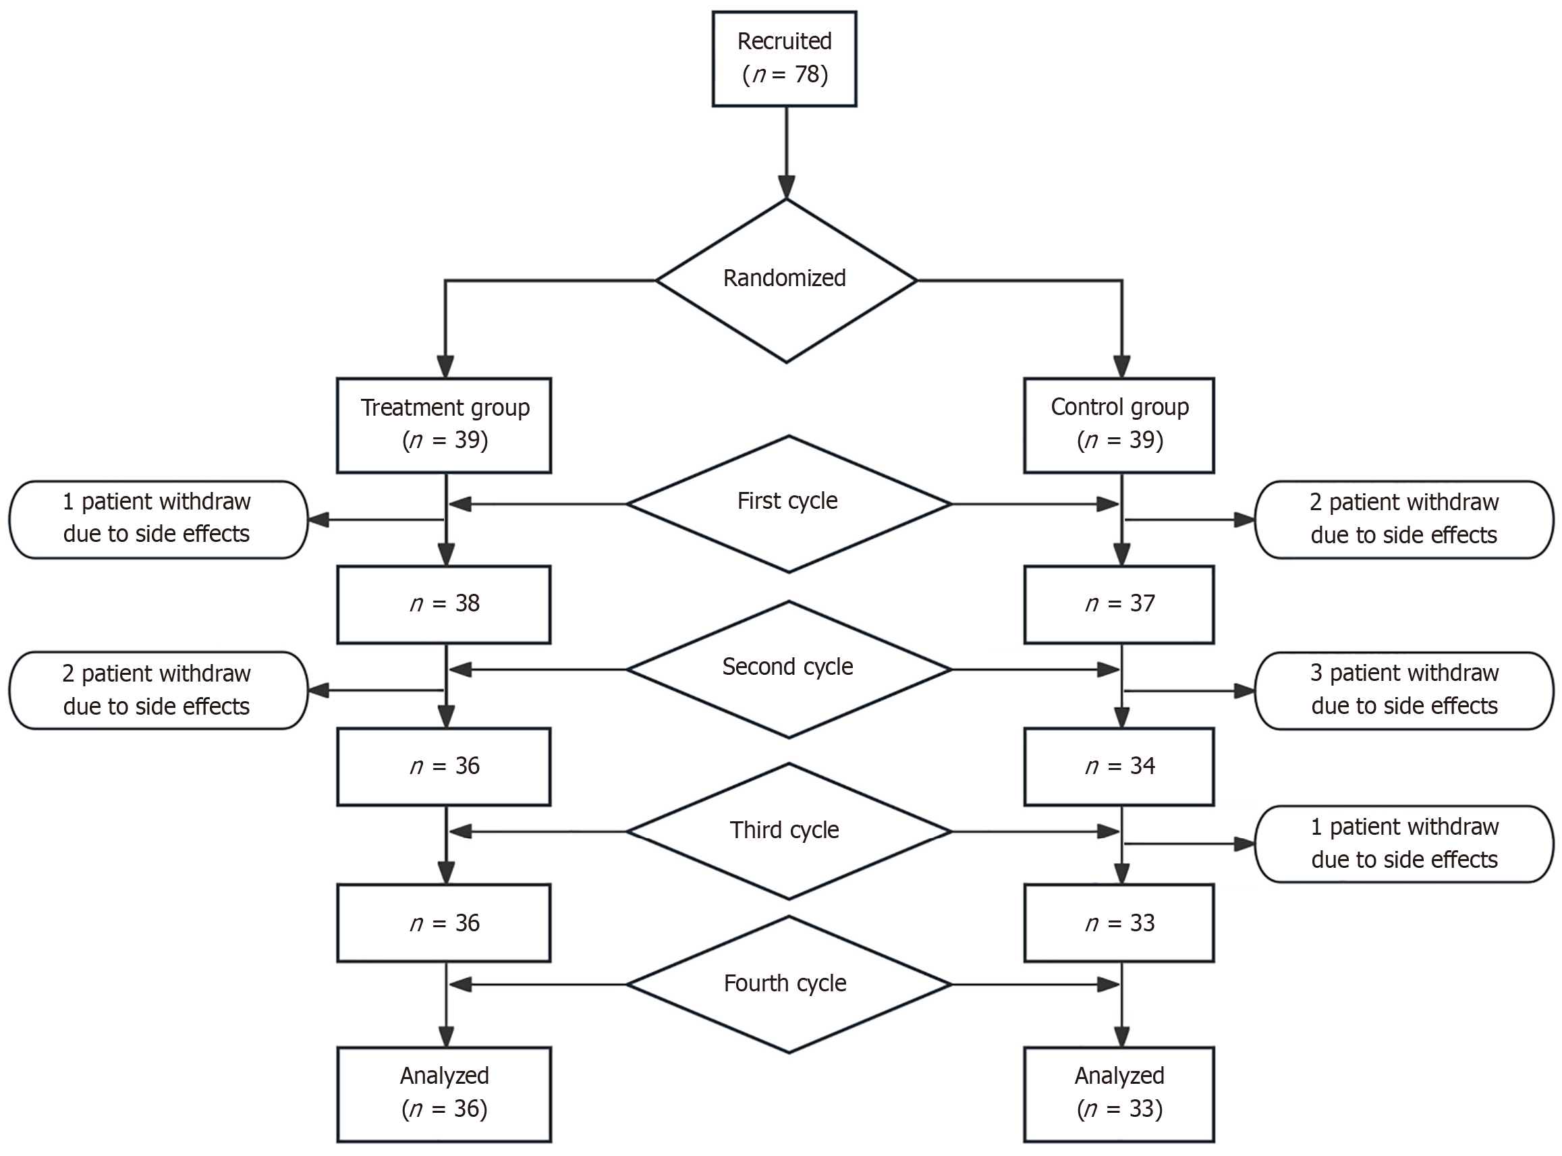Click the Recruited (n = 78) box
pos(784,59)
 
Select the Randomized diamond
pos(785,280)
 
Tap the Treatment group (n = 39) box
pos(443,425)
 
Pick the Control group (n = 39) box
pos(1119,425)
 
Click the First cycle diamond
pos(788,503)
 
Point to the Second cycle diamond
pos(788,669)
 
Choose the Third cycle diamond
pos(788,831)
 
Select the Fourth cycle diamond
pos(788,985)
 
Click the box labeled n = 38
pos(443,605)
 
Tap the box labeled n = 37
pos(1119,605)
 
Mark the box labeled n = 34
pos(1119,767)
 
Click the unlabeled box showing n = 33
pos(1119,923)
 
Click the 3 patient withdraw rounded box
pos(1404,690)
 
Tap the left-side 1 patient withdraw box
pos(158,519)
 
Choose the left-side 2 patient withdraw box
pos(158,690)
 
